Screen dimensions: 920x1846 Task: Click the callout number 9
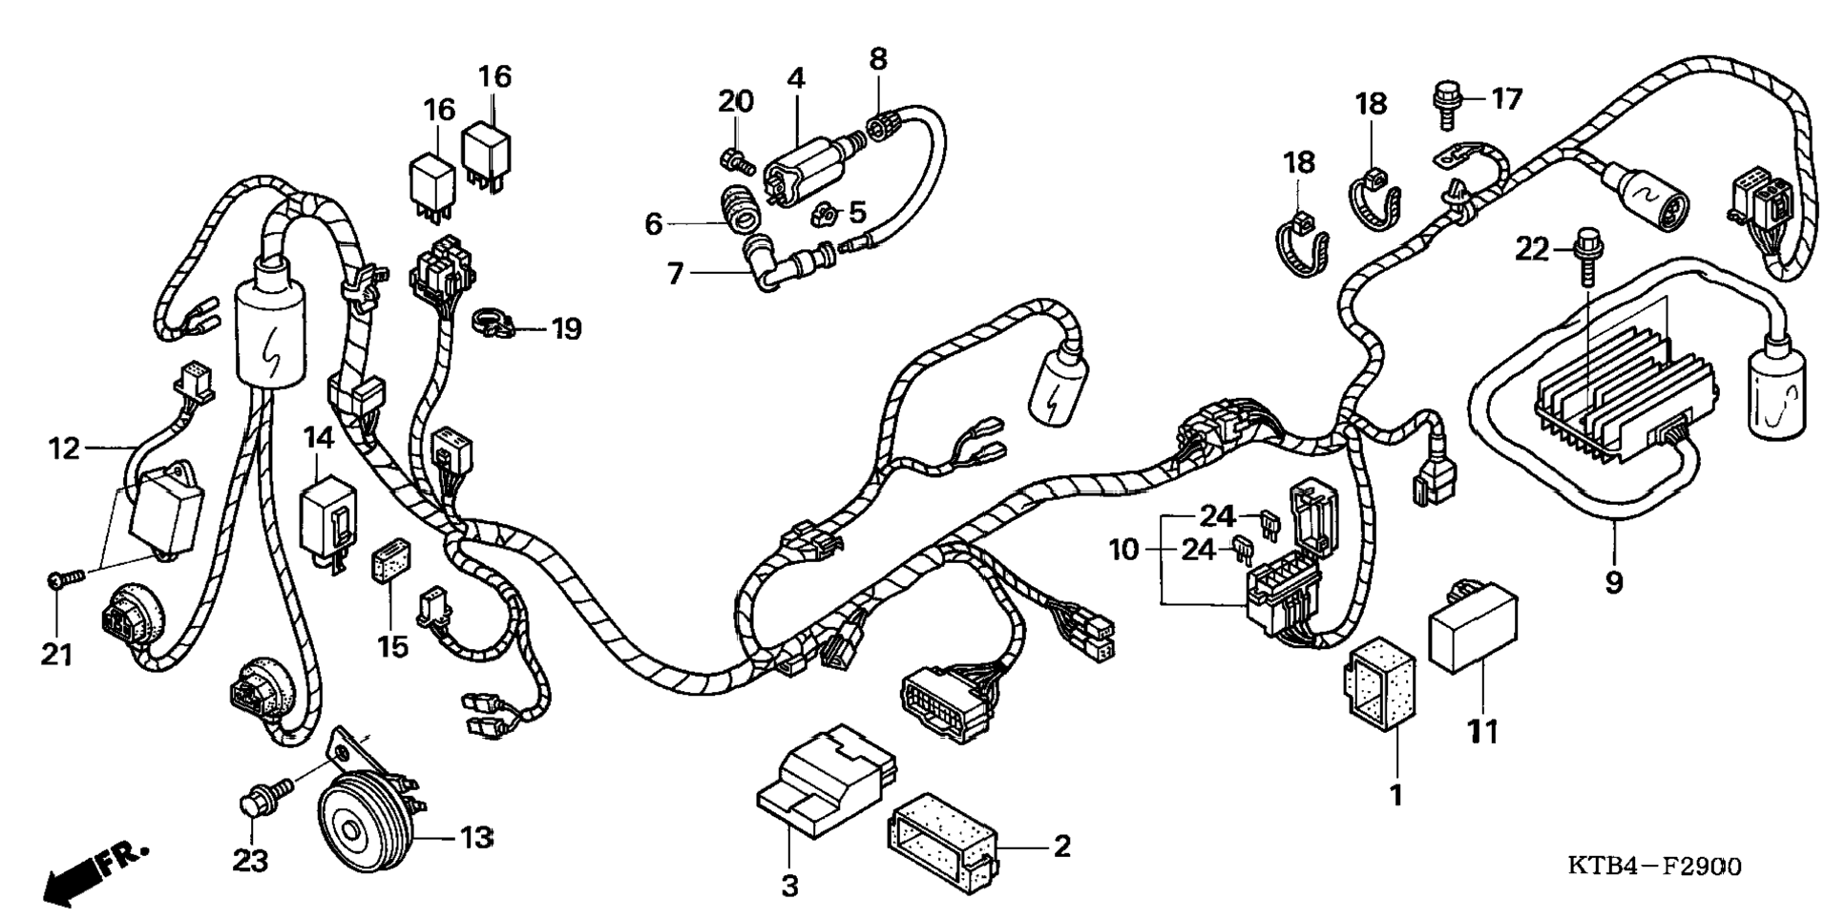tap(1613, 582)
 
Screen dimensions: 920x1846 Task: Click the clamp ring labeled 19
tap(493, 324)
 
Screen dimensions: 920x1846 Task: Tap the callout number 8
tap(877, 59)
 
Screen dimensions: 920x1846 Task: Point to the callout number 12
tap(64, 448)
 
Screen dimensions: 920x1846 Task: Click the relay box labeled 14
tap(327, 520)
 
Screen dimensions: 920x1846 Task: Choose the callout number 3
tap(789, 887)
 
